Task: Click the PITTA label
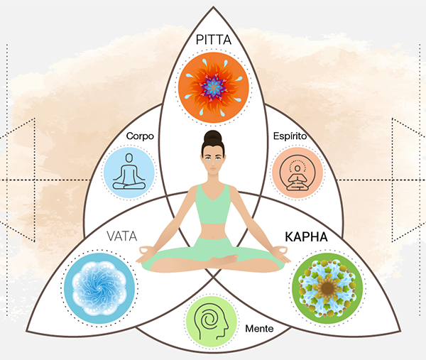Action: click(214, 40)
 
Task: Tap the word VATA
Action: click(121, 236)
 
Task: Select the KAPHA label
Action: click(306, 237)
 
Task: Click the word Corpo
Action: click(140, 136)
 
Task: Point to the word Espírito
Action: click(290, 136)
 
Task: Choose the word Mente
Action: click(259, 329)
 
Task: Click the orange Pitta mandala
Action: click(214, 87)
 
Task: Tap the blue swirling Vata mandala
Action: click(99, 288)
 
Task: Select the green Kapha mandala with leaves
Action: click(327, 288)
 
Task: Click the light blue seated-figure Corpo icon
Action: click(129, 173)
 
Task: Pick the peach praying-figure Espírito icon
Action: click(297, 173)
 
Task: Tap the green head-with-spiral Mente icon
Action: click(212, 322)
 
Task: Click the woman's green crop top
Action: click(213, 204)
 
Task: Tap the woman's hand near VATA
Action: click(145, 253)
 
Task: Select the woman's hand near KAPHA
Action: click(282, 253)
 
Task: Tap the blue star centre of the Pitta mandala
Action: click(214, 87)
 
